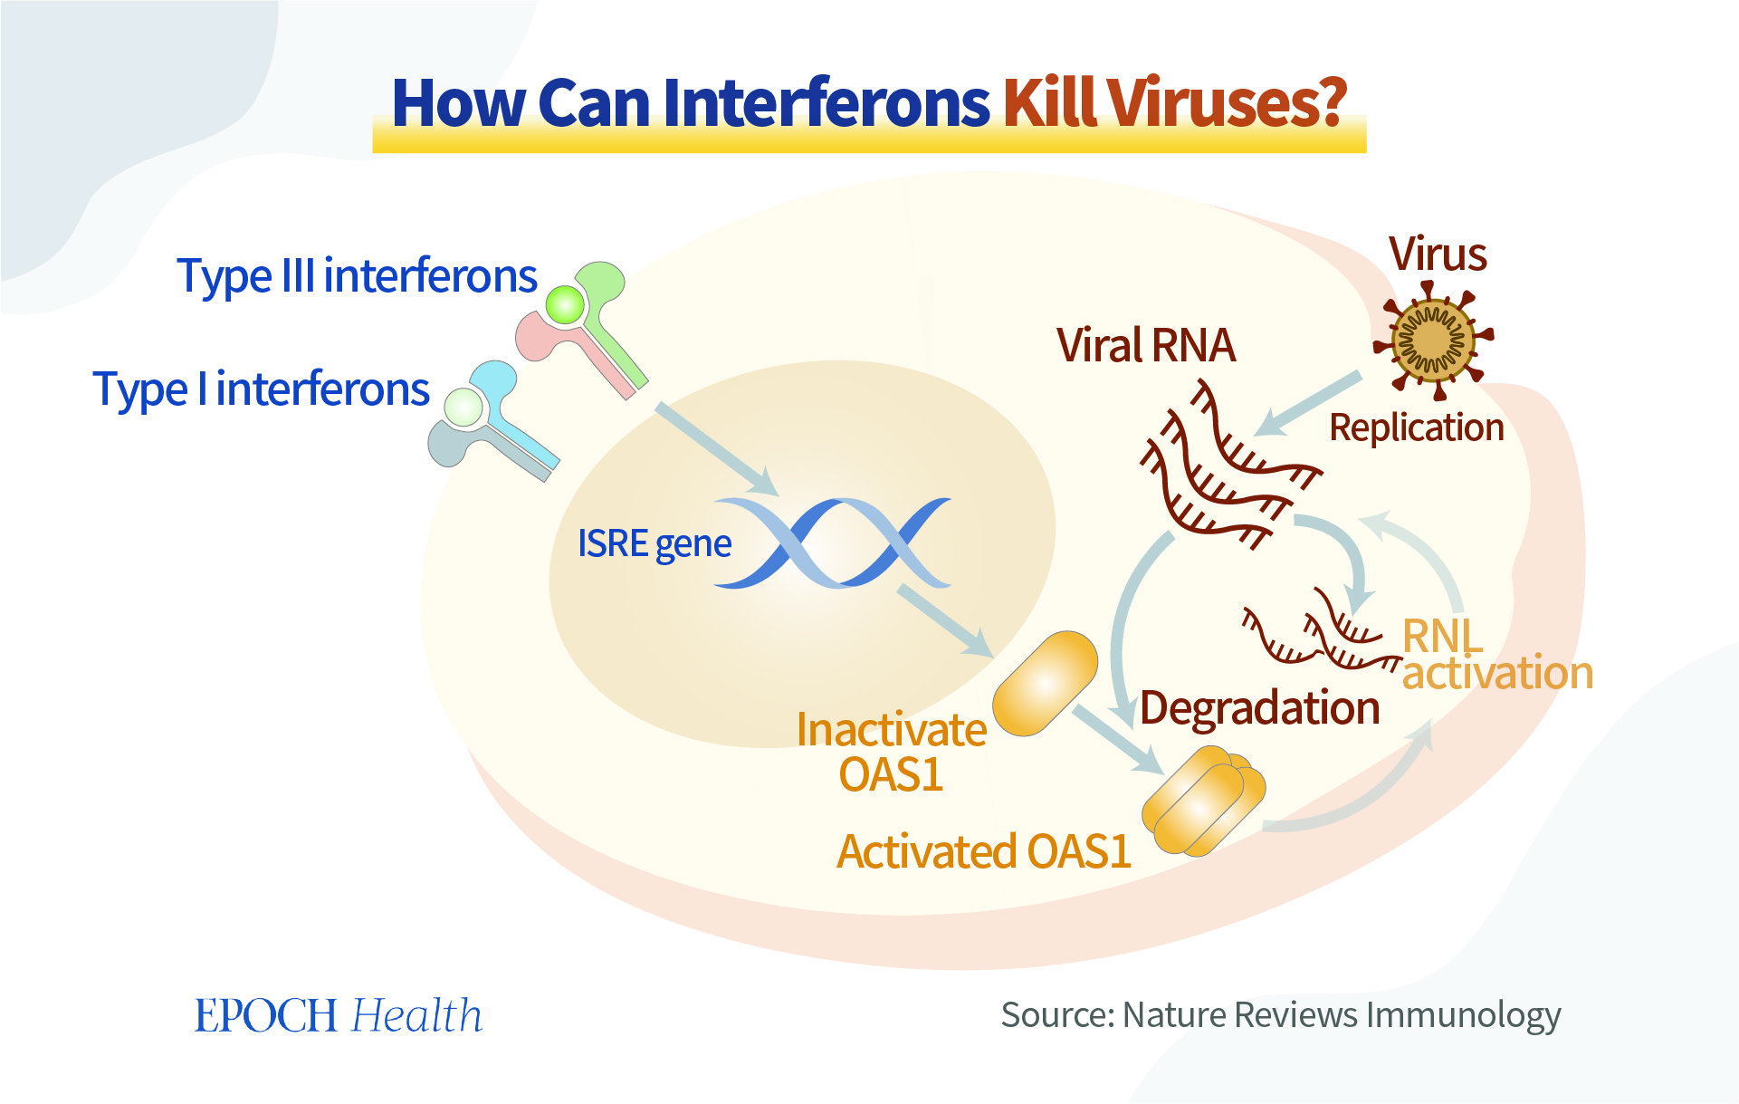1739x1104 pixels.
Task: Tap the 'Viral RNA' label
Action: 1146,346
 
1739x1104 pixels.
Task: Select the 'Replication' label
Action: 1417,427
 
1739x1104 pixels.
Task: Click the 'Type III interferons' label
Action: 358,276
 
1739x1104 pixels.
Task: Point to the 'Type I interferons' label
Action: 261,390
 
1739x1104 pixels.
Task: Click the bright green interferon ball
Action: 566,304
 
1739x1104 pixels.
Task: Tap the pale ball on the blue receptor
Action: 464,408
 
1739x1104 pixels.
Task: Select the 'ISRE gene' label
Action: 655,544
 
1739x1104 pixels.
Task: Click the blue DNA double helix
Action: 833,542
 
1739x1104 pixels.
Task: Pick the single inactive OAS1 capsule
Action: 1045,683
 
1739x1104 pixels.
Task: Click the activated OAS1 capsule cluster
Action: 1203,801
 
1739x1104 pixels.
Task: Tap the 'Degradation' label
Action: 1260,707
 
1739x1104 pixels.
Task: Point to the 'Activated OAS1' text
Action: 984,851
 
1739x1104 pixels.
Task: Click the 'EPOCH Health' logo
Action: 339,1015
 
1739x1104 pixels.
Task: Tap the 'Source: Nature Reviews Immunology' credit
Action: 1281,1015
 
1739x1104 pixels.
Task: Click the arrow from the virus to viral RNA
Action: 1307,404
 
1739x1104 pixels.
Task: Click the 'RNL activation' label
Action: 1497,655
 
